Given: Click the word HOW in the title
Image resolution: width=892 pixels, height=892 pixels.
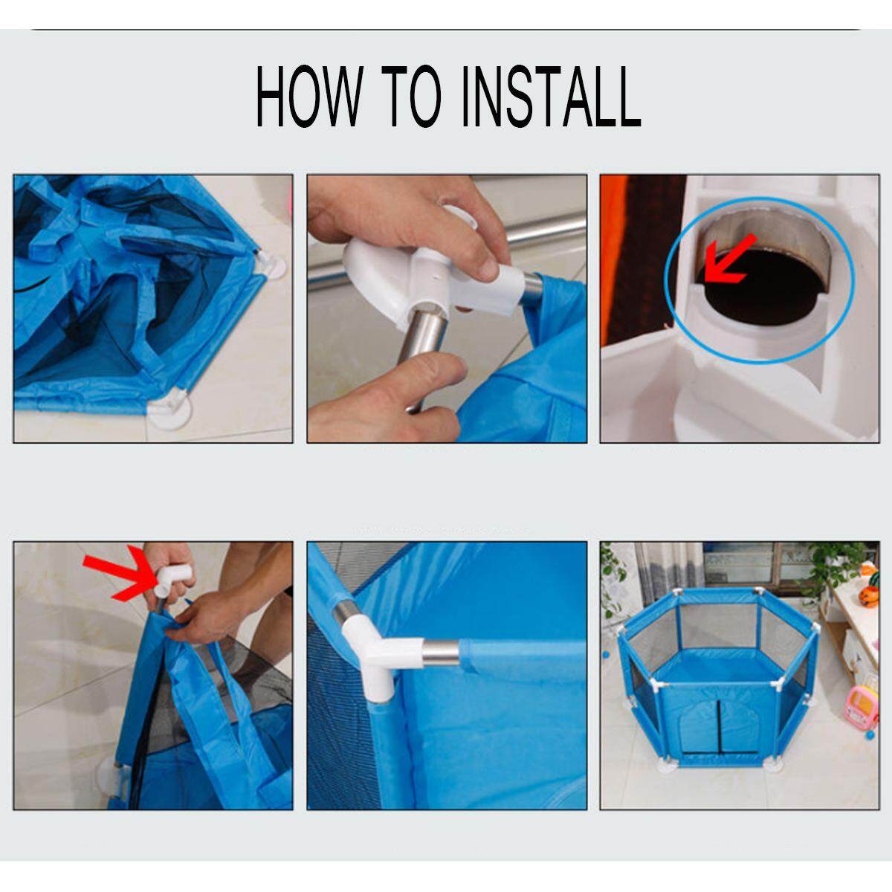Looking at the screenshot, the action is tap(309, 96).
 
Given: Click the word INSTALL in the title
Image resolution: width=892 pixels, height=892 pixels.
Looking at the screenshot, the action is tap(552, 96).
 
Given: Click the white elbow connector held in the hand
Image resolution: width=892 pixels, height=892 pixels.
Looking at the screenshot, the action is tap(174, 579).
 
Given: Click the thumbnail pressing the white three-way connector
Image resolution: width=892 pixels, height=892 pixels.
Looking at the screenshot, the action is tap(486, 268).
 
